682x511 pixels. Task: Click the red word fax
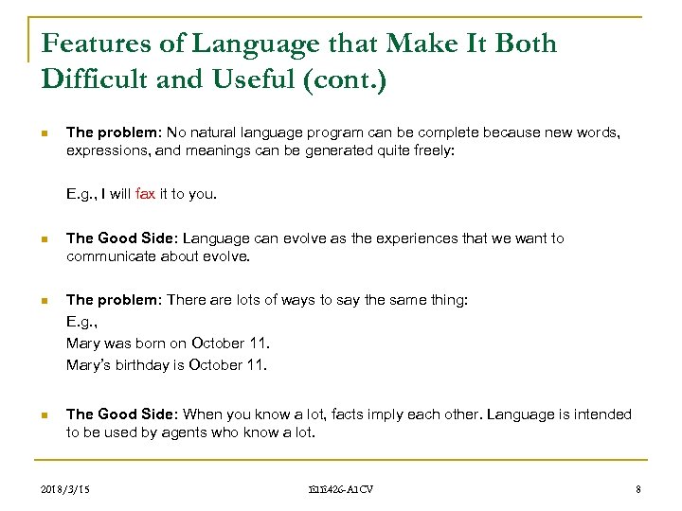[x=145, y=194]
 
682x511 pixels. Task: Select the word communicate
[x=107, y=255]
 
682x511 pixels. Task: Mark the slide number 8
[x=639, y=489]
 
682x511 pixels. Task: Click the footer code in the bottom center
[x=341, y=489]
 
